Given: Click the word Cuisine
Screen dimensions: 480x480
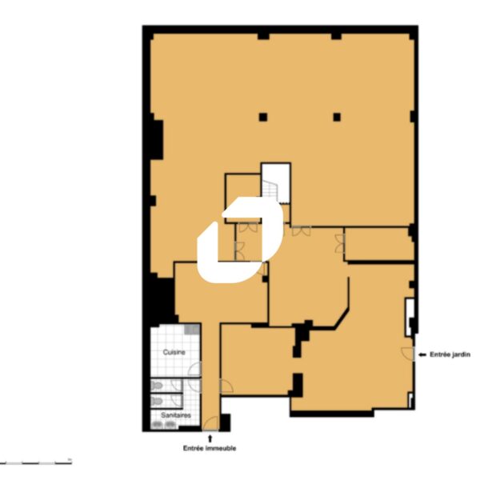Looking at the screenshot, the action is pyautogui.click(x=174, y=352).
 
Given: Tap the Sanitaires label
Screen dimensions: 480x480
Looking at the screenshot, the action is pyautogui.click(x=176, y=415).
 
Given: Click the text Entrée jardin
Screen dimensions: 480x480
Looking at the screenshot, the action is pyautogui.click(x=450, y=354).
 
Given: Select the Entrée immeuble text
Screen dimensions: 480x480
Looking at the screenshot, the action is pyautogui.click(x=210, y=448).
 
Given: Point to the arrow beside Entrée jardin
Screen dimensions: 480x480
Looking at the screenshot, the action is pyautogui.click(x=422, y=354).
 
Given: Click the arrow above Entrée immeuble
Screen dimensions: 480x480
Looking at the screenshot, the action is pyautogui.click(x=210, y=438).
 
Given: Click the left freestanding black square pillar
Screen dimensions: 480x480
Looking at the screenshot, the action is pyautogui.click(x=263, y=117).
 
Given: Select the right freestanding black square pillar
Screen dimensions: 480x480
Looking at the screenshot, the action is pyautogui.click(x=337, y=117).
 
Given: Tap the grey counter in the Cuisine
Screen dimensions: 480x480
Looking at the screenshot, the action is pyautogui.click(x=192, y=330).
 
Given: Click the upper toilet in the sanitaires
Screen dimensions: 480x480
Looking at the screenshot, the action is pyautogui.click(x=157, y=386).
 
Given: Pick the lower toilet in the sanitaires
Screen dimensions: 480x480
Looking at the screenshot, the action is pyautogui.click(x=157, y=401).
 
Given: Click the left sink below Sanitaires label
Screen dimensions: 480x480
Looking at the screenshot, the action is pyautogui.click(x=157, y=425).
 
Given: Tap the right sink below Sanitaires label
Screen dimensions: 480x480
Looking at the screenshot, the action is pyautogui.click(x=170, y=425).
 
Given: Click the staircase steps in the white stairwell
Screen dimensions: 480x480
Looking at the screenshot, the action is pyautogui.click(x=270, y=190).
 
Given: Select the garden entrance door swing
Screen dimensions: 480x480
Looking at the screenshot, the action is pyautogui.click(x=408, y=354).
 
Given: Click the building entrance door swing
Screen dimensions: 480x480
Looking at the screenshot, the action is pyautogui.click(x=210, y=423).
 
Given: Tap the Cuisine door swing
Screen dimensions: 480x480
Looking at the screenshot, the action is pyautogui.click(x=194, y=369).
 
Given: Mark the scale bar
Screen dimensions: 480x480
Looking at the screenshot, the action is pyautogui.click(x=36, y=462).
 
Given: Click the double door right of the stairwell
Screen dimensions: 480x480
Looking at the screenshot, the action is pyautogui.click(x=302, y=231).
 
